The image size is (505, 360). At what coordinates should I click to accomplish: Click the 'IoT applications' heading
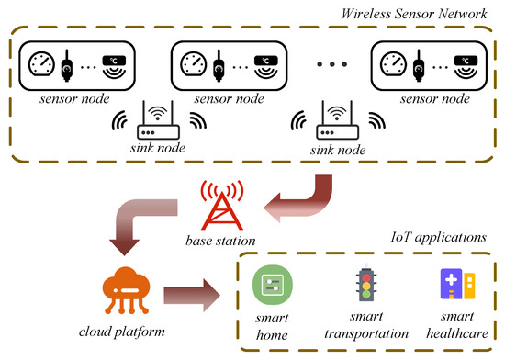(x=432, y=237)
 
